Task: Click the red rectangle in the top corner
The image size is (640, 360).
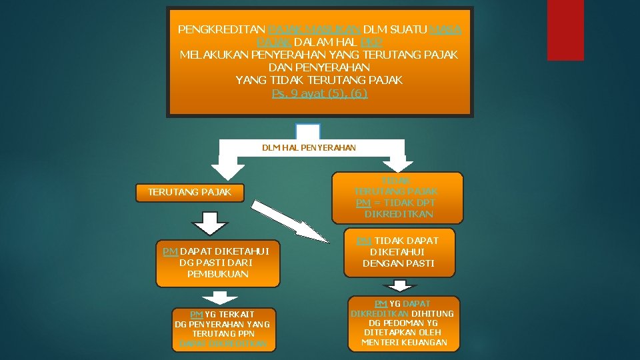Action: tap(565, 29)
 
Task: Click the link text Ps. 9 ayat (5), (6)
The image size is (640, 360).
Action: tap(319, 93)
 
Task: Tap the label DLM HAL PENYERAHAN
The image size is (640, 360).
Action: tap(309, 147)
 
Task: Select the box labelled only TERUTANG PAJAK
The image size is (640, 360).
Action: tap(189, 192)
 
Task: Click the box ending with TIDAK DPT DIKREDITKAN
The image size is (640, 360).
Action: tap(397, 197)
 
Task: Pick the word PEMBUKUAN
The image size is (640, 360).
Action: tap(217, 274)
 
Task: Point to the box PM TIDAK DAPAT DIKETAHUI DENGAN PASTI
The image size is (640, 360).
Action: tap(399, 252)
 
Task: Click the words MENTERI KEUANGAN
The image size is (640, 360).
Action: tap(404, 343)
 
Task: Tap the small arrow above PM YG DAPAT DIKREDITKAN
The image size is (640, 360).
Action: tap(401, 285)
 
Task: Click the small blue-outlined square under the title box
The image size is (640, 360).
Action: tap(307, 131)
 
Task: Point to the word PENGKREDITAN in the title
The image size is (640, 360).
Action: tap(221, 30)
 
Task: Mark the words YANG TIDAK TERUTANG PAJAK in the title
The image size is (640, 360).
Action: tap(319, 80)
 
